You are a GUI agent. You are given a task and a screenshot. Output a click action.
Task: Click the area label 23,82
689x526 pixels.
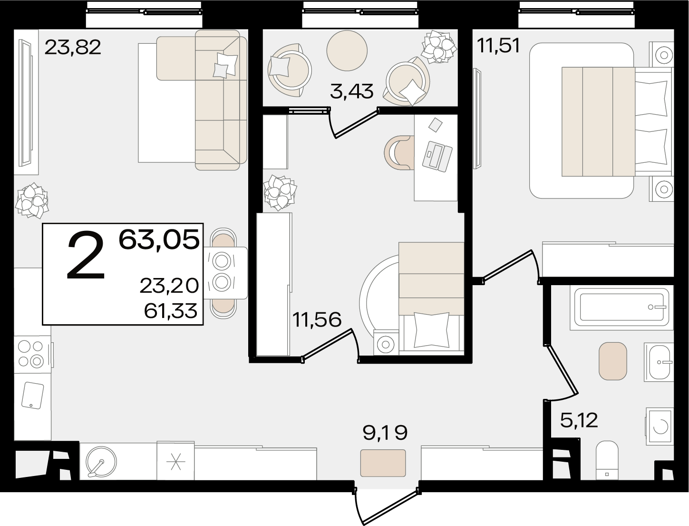coord(73,48)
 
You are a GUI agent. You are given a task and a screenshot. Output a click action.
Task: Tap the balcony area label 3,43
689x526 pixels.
coord(351,91)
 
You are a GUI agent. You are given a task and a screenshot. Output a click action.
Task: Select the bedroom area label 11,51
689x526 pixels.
coord(498,46)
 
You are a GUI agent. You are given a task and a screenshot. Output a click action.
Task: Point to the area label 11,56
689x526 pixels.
coord(317,319)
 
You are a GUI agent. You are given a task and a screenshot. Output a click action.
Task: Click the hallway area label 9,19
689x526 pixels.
coord(385,433)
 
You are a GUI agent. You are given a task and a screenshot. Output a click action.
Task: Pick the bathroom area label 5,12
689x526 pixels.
coord(579,420)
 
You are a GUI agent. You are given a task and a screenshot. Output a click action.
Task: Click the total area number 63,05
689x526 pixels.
coord(159,240)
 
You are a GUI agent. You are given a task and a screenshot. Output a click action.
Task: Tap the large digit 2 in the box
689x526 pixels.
coord(86,255)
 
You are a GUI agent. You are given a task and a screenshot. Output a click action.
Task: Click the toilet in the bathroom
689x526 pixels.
coord(607,461)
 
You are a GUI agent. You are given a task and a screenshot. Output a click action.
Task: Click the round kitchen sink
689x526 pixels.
coord(101,462)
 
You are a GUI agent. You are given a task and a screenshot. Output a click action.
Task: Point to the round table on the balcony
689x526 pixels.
coord(347,50)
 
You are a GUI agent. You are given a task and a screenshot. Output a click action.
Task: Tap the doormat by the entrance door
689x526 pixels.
coord(383,463)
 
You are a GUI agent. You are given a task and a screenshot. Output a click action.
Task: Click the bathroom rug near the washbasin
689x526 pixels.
coord(613,361)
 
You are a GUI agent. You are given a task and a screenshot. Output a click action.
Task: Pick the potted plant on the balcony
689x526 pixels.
coord(439,47)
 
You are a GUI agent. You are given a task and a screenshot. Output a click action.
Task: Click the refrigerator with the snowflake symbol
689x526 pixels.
coord(175,461)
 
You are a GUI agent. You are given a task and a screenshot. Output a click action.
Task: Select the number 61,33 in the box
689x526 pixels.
coord(171,310)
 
